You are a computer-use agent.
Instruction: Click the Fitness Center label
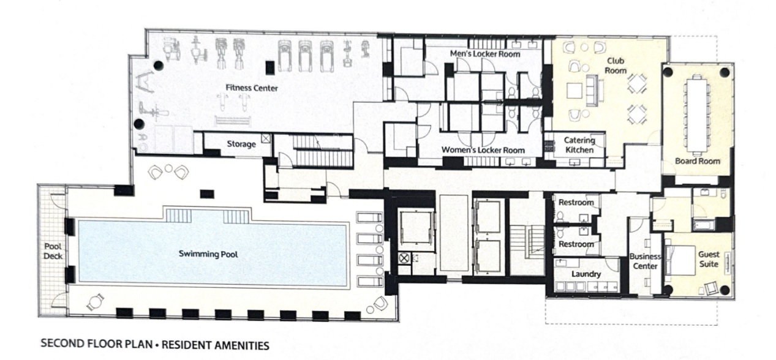(x=252, y=88)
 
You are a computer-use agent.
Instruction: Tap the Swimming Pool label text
(x=208, y=254)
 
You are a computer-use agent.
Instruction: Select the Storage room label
(x=241, y=144)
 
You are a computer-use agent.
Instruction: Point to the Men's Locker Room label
(x=485, y=54)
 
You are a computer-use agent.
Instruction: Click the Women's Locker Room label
(x=483, y=150)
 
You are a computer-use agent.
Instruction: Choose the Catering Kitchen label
(x=579, y=145)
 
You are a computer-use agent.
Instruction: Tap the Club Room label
(x=616, y=66)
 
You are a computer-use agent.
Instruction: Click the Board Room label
(x=698, y=161)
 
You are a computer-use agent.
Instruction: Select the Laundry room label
(x=586, y=274)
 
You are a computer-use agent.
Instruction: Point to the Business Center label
(x=645, y=261)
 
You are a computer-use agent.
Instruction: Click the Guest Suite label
(x=709, y=259)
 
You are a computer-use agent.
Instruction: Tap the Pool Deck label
(x=53, y=251)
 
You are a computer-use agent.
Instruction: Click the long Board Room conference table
(x=696, y=115)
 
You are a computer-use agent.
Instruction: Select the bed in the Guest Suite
(x=679, y=260)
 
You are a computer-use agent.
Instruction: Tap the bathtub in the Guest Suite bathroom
(x=704, y=225)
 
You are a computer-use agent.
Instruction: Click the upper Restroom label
(x=576, y=202)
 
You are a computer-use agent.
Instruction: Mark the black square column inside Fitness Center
(x=270, y=67)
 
